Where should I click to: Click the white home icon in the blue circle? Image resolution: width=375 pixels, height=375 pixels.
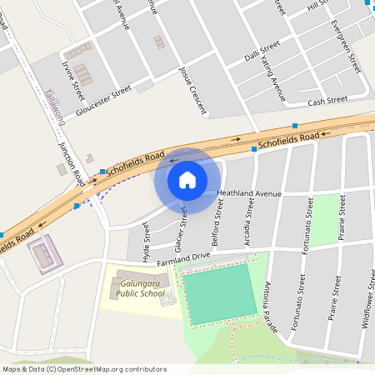click(187, 180)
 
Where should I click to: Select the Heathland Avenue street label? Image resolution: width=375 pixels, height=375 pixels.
click(249, 192)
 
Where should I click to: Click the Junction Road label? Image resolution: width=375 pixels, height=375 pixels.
click(72, 162)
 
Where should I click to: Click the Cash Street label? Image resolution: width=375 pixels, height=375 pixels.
click(327, 101)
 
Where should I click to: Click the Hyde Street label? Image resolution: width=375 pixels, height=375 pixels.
click(147, 247)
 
